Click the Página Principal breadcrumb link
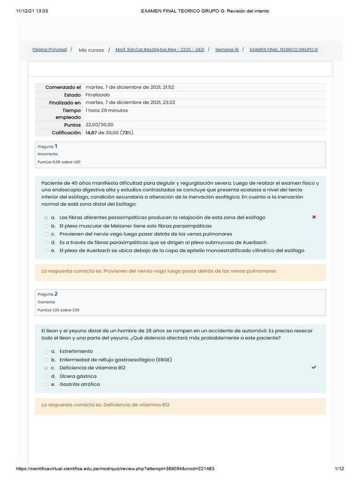49,50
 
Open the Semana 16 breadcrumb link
227,50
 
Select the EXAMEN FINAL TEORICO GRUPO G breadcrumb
284,50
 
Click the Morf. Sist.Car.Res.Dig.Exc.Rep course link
159,50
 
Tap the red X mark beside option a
314,217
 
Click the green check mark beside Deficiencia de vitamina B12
314,367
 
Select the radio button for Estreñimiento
46,352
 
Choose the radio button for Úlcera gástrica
46,376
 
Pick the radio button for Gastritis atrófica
46,385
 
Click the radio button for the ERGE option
46,360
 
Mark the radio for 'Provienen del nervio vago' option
46,234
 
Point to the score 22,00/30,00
99,125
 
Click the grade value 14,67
92,133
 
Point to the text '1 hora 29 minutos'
106,111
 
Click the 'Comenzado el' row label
63,88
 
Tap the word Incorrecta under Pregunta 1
47,154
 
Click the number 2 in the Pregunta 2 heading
56,294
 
